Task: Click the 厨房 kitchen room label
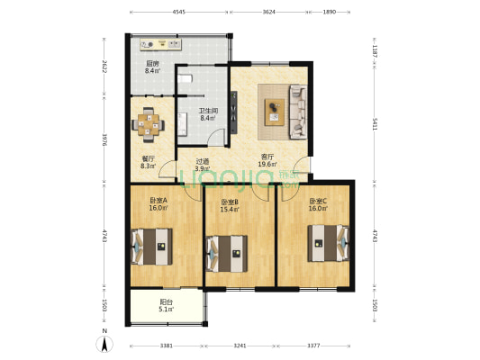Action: pyautogui.click(x=152, y=64)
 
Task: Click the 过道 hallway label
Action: pyautogui.click(x=204, y=163)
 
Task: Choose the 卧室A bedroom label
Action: pyautogui.click(x=158, y=201)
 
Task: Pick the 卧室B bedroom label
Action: pyautogui.click(x=231, y=202)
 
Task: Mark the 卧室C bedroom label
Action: pyautogui.click(x=319, y=202)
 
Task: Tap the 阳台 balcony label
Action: pyautogui.click(x=167, y=303)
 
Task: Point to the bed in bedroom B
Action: pyautogui.click(x=227, y=250)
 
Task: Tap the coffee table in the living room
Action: pyautogui.click(x=274, y=112)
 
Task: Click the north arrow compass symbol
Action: pyautogui.click(x=105, y=341)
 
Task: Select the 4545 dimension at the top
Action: pyautogui.click(x=178, y=13)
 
